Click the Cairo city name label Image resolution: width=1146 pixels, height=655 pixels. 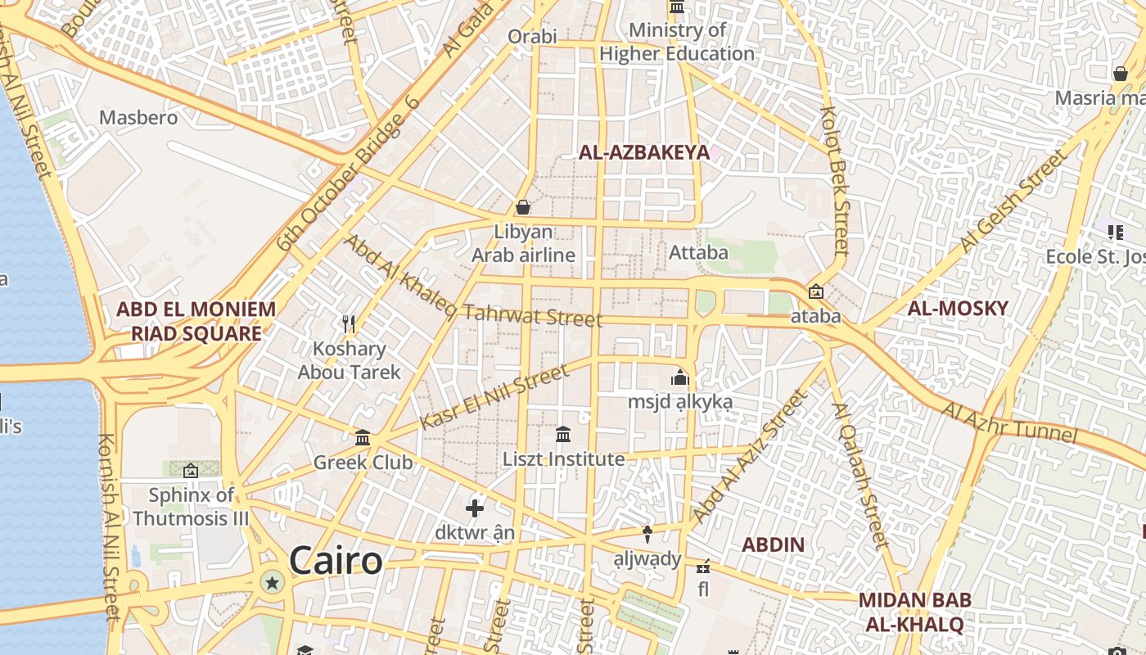tap(336, 561)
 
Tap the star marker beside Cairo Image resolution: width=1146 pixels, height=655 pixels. tap(273, 583)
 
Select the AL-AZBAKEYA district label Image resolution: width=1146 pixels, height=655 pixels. tap(644, 152)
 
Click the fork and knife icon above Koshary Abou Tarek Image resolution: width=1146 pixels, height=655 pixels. tap(349, 323)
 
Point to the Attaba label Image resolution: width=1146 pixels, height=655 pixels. tap(698, 252)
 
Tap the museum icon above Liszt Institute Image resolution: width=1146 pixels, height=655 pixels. tap(563, 434)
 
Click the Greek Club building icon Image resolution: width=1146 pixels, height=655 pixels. tap(363, 438)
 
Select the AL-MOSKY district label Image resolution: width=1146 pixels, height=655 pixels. tap(958, 309)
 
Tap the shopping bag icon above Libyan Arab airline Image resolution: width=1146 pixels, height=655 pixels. tap(523, 207)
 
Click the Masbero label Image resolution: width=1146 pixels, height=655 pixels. tap(138, 117)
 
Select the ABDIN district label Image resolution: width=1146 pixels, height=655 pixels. tap(773, 544)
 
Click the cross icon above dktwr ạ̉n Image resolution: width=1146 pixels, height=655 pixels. tap(475, 508)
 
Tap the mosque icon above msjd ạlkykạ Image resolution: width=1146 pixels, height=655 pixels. tap(679, 378)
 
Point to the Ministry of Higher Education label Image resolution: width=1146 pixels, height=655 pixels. tap(677, 43)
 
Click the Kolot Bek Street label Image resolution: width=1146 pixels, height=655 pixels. tap(835, 180)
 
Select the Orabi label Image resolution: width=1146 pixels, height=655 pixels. tap(532, 36)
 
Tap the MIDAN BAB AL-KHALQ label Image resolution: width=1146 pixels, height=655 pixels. tap(915, 612)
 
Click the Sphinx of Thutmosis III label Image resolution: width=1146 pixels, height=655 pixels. tap(191, 507)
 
